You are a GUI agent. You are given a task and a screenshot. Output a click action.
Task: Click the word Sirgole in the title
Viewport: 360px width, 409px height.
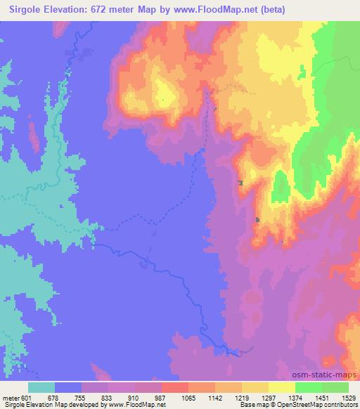(23, 10)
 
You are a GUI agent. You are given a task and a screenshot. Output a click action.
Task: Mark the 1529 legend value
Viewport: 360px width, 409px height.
(348, 398)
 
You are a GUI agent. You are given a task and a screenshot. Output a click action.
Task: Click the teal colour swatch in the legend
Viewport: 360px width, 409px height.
(41, 387)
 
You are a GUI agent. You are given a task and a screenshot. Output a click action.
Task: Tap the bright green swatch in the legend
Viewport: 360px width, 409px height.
(309, 387)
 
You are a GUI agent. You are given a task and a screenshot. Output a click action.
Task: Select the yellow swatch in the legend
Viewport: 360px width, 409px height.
(282, 387)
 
